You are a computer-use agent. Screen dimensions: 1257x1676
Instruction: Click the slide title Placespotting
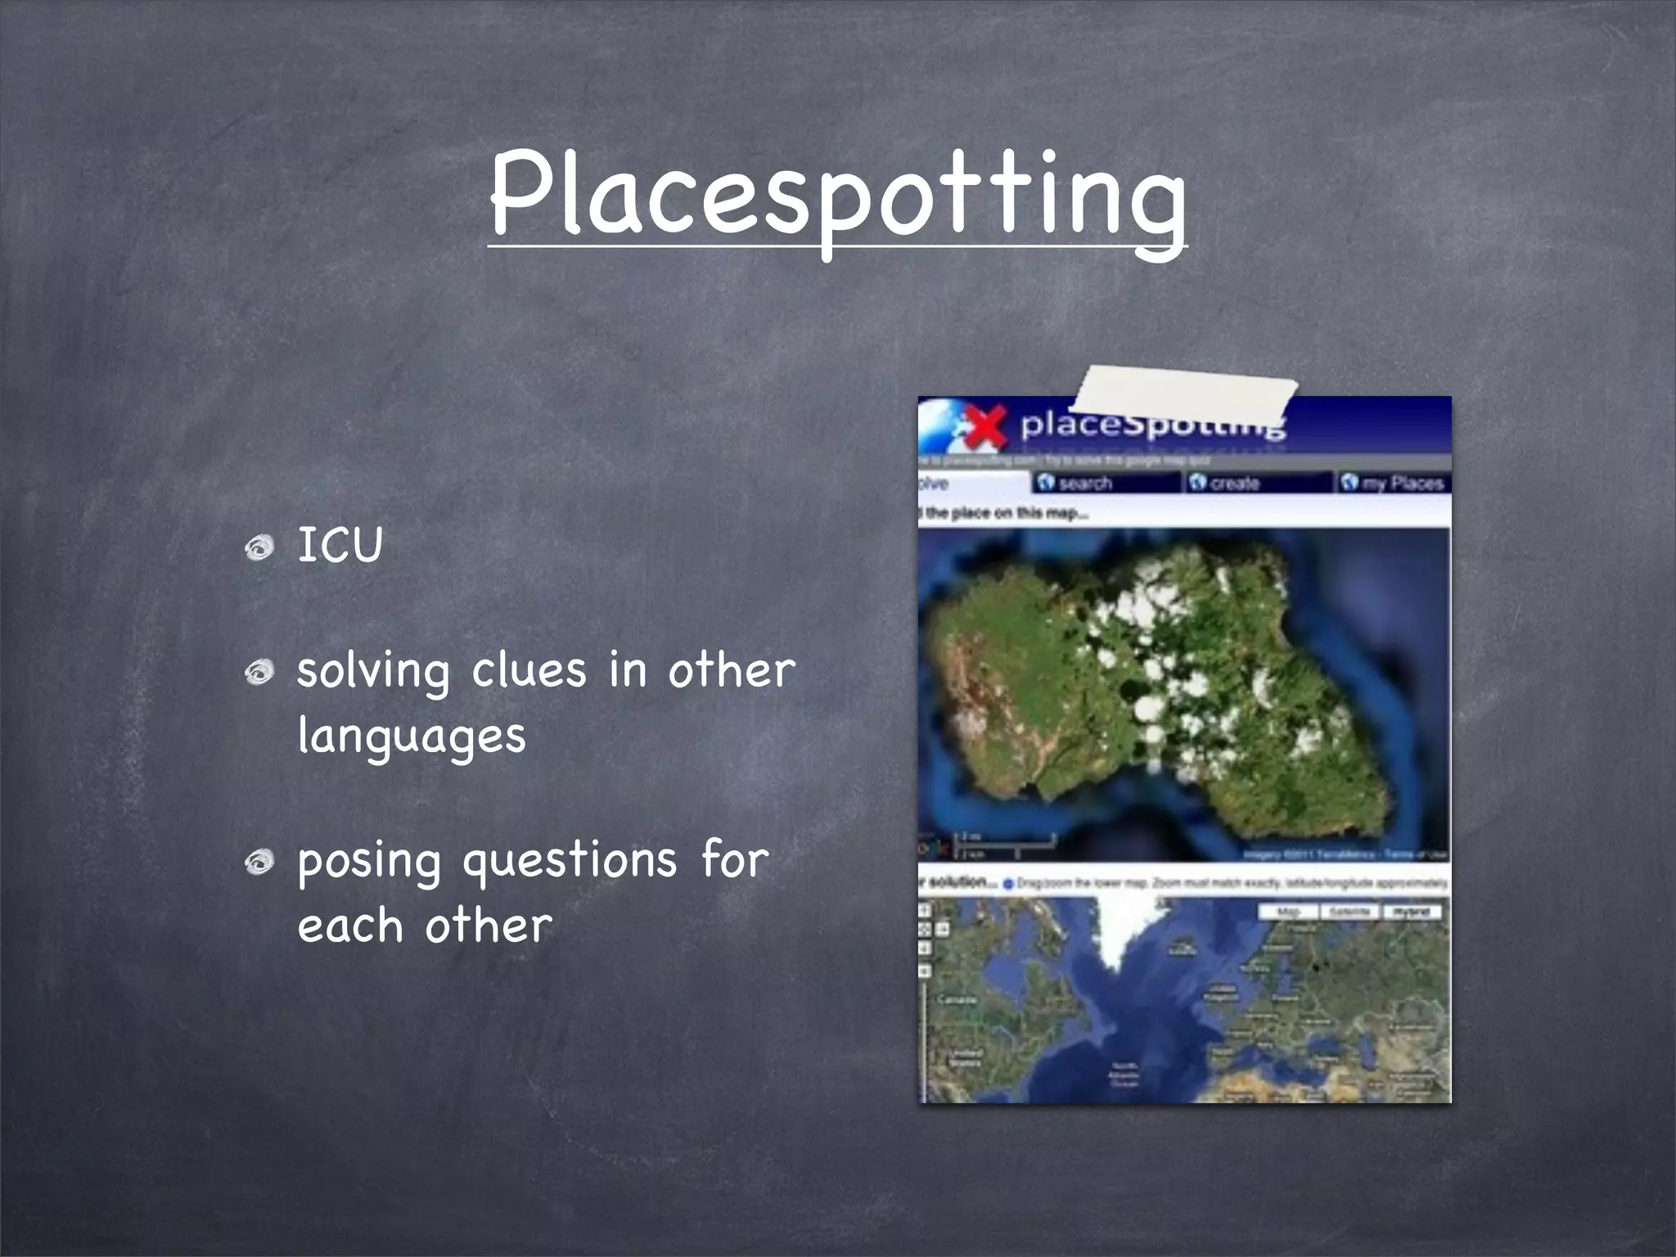click(x=837, y=196)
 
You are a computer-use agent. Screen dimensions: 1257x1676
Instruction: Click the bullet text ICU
click(x=340, y=545)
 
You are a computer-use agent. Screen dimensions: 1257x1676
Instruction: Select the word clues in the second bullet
click(x=529, y=670)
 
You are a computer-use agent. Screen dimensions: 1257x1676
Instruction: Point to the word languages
click(x=412, y=736)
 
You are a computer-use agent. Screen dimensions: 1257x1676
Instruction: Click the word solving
click(x=373, y=672)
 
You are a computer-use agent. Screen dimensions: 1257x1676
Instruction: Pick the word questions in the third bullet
click(x=570, y=861)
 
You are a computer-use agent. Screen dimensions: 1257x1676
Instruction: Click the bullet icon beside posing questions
click(x=260, y=862)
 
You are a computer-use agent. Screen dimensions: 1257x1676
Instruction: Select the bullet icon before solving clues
click(x=260, y=672)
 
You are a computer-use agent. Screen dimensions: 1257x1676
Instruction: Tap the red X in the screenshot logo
click(x=985, y=426)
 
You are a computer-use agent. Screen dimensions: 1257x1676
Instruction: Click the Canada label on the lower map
click(x=956, y=1000)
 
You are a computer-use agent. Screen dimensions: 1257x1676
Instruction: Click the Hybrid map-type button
click(x=1411, y=912)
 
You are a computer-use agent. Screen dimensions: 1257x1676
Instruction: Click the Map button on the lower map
click(x=1288, y=912)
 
